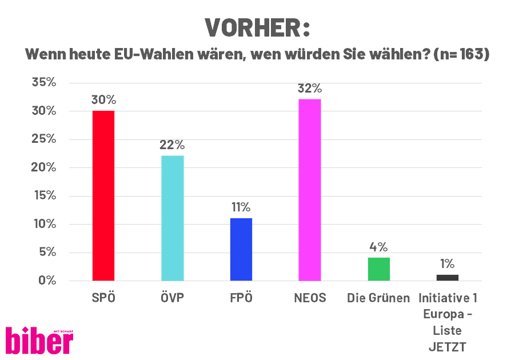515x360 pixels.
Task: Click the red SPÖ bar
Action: click(x=103, y=195)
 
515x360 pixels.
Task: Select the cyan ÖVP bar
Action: click(x=172, y=218)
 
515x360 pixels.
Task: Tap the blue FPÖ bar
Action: click(x=241, y=249)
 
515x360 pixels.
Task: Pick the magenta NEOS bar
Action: click(x=309, y=190)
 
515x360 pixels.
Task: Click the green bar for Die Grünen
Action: click(x=378, y=269)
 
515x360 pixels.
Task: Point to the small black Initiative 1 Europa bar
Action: click(x=447, y=278)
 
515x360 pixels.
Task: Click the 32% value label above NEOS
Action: click(x=309, y=89)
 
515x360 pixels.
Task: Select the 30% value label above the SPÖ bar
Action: click(x=103, y=100)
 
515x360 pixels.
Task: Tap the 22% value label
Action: click(x=172, y=145)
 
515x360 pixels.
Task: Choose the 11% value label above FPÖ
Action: click(x=241, y=207)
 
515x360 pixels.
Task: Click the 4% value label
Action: click(x=378, y=247)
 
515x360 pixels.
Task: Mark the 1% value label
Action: click(x=447, y=263)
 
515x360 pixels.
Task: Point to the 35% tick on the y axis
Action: click(x=43, y=82)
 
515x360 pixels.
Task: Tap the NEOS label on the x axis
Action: click(x=309, y=298)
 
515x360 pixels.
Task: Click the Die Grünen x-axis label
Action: click(x=378, y=298)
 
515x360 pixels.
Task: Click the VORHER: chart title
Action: click(x=257, y=27)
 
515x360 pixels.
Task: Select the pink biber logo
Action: click(x=39, y=340)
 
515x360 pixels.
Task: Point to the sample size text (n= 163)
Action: click(x=461, y=55)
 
